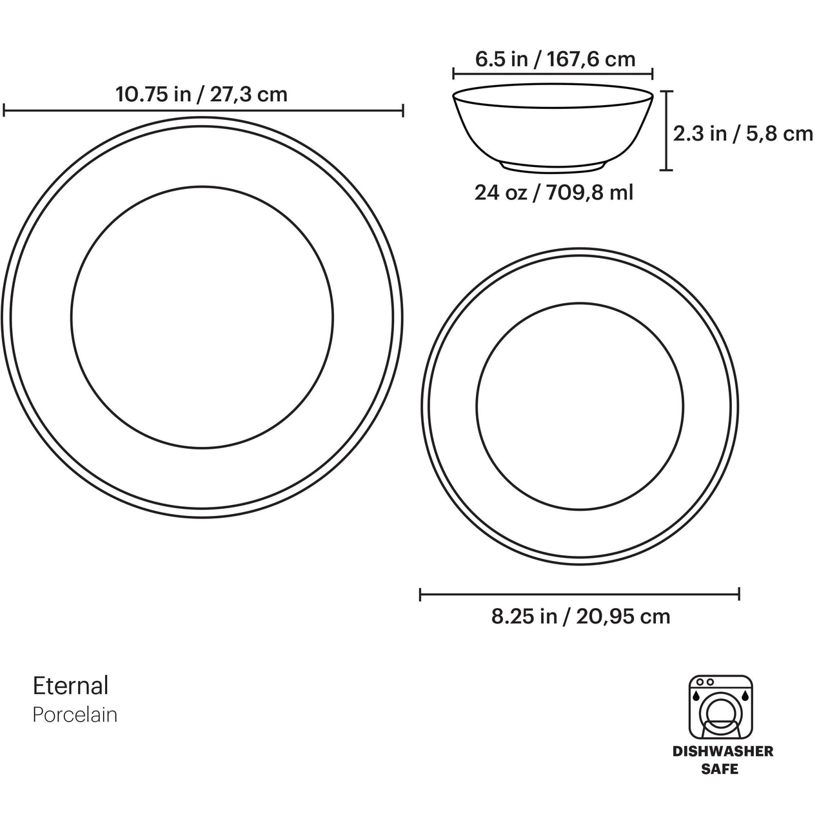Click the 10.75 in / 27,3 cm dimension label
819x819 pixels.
pyautogui.click(x=201, y=95)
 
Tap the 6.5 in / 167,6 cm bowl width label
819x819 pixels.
pyautogui.click(x=555, y=59)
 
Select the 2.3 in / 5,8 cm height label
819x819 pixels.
pyautogui.click(x=743, y=133)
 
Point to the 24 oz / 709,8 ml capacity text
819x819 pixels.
pyautogui.click(x=554, y=192)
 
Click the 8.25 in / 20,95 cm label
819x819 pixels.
pyautogui.click(x=580, y=617)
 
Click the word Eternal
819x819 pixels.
pyautogui.click(x=71, y=686)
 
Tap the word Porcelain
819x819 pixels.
pyautogui.click(x=75, y=715)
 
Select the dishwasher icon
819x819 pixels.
pyautogui.click(x=721, y=707)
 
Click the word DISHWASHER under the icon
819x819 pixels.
pyautogui.click(x=722, y=751)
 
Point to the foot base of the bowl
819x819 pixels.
pyautogui.click(x=553, y=168)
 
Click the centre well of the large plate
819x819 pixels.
pyautogui.click(x=202, y=317)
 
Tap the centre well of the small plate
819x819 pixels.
pyautogui.click(x=579, y=405)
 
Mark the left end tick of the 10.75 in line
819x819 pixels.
pyautogui.click(x=4, y=111)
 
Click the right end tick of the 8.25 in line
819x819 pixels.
pyautogui.click(x=739, y=594)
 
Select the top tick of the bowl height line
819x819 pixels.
pyautogui.click(x=666, y=92)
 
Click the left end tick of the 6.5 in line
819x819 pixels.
pyautogui.click(x=453, y=73)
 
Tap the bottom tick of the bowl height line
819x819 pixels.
pyautogui.click(x=666, y=170)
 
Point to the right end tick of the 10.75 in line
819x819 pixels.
pyautogui.click(x=403, y=111)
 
